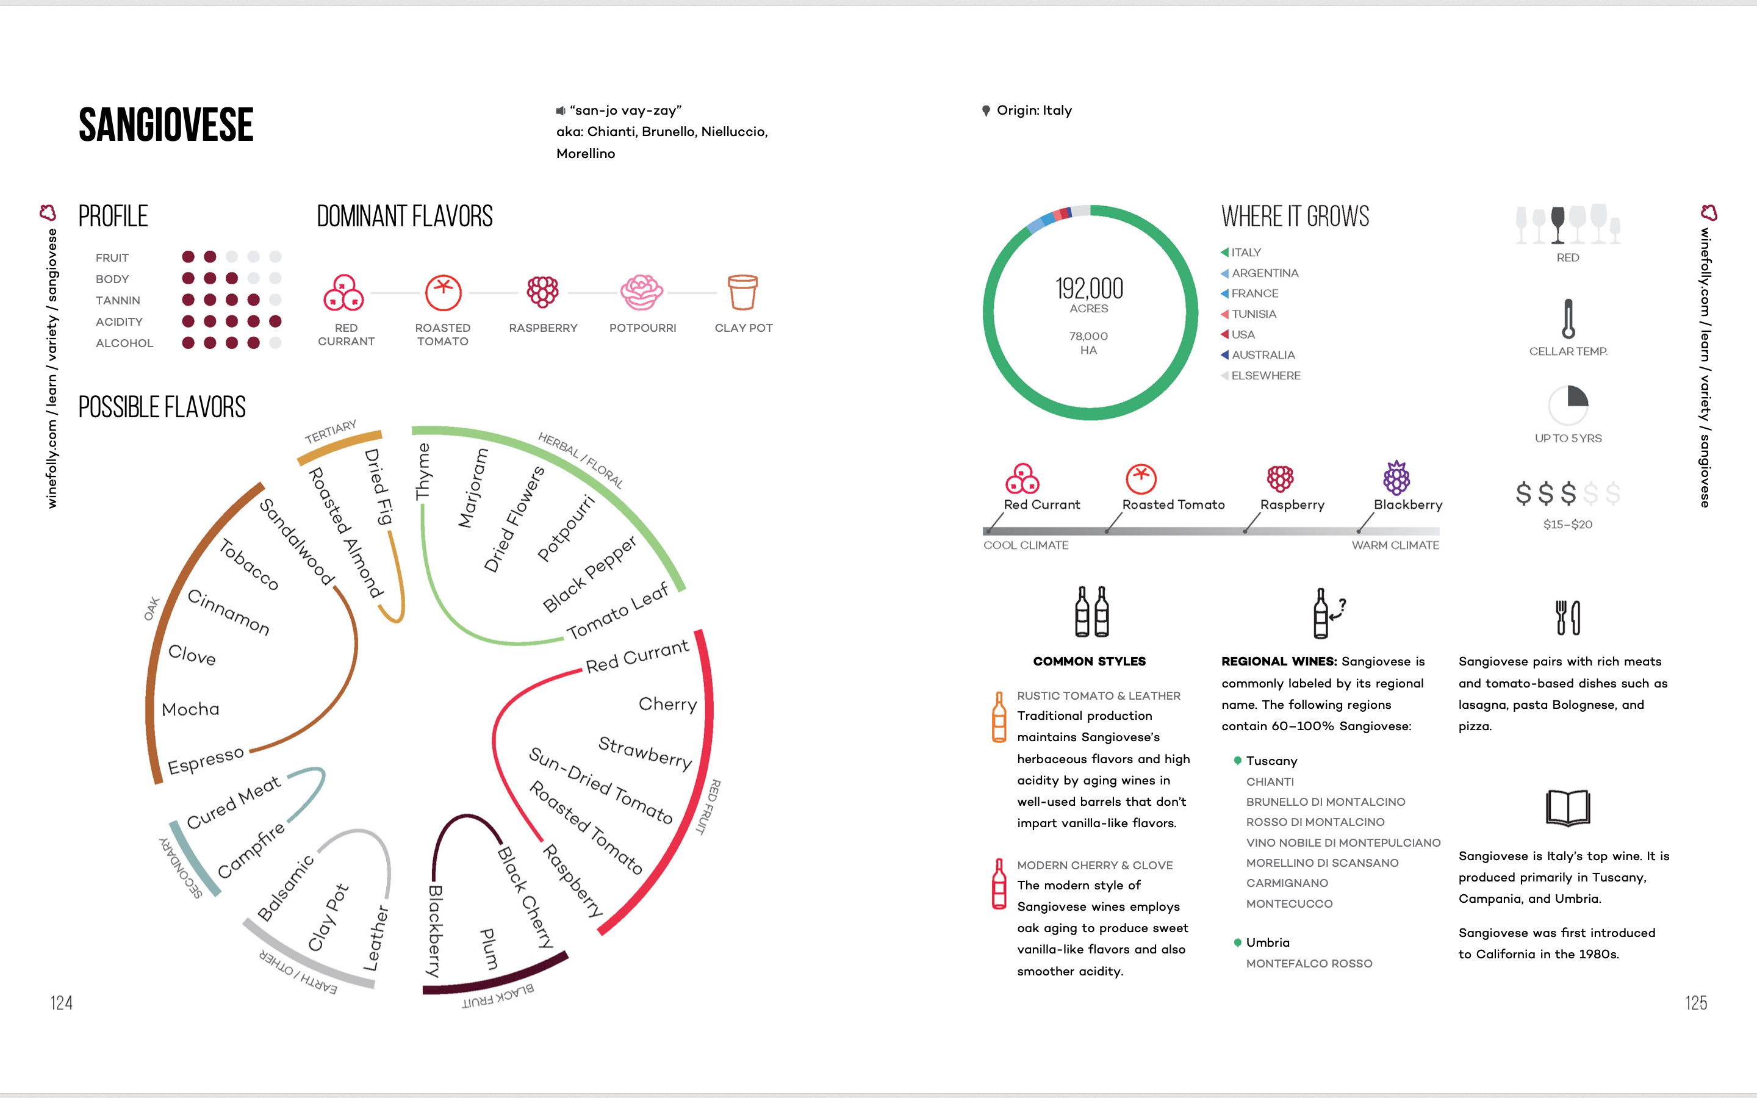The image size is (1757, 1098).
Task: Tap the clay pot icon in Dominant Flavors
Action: (x=742, y=292)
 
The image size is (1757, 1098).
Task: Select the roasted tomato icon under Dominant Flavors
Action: (x=443, y=292)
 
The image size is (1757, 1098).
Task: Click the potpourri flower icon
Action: (x=642, y=292)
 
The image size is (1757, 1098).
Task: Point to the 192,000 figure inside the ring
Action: (x=1089, y=289)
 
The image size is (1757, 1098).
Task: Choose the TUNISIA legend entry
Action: (x=1253, y=314)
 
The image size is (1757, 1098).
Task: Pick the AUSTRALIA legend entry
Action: (x=1263, y=355)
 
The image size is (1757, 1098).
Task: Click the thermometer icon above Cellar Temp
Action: (x=1568, y=319)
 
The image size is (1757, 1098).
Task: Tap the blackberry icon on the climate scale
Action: (x=1396, y=477)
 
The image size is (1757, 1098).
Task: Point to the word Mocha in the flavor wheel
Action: (x=190, y=709)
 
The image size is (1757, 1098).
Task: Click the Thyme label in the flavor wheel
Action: (x=423, y=472)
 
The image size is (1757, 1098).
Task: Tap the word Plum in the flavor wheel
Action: (x=489, y=949)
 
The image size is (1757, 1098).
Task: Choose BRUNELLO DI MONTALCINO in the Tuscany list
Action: (x=1325, y=802)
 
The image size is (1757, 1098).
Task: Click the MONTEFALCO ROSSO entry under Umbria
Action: (x=1309, y=964)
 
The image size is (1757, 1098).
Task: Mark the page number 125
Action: (x=1695, y=1003)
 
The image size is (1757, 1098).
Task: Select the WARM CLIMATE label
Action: (x=1395, y=545)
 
